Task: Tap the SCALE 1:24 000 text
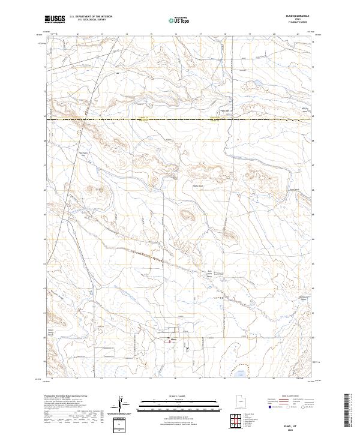click(x=179, y=397)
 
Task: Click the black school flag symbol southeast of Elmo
click(x=188, y=346)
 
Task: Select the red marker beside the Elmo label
click(x=167, y=339)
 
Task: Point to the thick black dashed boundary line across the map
click(x=180, y=120)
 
